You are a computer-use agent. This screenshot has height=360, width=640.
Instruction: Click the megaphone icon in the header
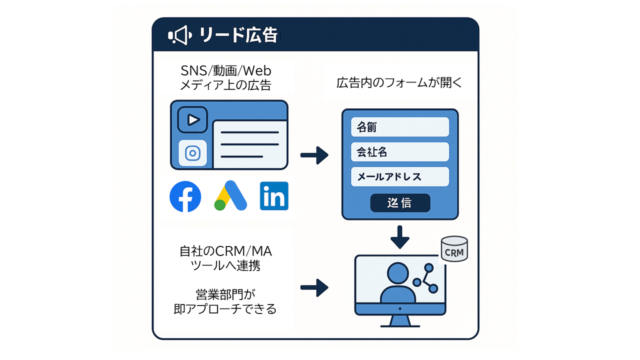179,35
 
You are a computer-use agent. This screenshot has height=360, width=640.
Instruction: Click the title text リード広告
238,35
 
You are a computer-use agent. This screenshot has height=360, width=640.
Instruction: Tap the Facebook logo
185,196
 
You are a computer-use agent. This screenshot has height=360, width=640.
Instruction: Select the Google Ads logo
231,196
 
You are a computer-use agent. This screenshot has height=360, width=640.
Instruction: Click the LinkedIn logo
274,196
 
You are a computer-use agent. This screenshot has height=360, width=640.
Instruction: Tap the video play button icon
192,119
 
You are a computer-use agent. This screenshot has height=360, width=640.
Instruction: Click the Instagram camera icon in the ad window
192,152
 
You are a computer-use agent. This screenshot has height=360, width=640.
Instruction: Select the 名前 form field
399,127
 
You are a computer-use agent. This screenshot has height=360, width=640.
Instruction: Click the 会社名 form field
399,152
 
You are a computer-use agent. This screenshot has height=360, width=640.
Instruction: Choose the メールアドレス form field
399,176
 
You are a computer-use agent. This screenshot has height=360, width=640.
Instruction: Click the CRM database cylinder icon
454,249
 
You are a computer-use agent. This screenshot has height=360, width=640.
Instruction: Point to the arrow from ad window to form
314,155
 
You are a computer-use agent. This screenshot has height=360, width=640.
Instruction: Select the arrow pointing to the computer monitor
314,287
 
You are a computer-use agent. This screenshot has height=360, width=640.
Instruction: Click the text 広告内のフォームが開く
400,83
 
